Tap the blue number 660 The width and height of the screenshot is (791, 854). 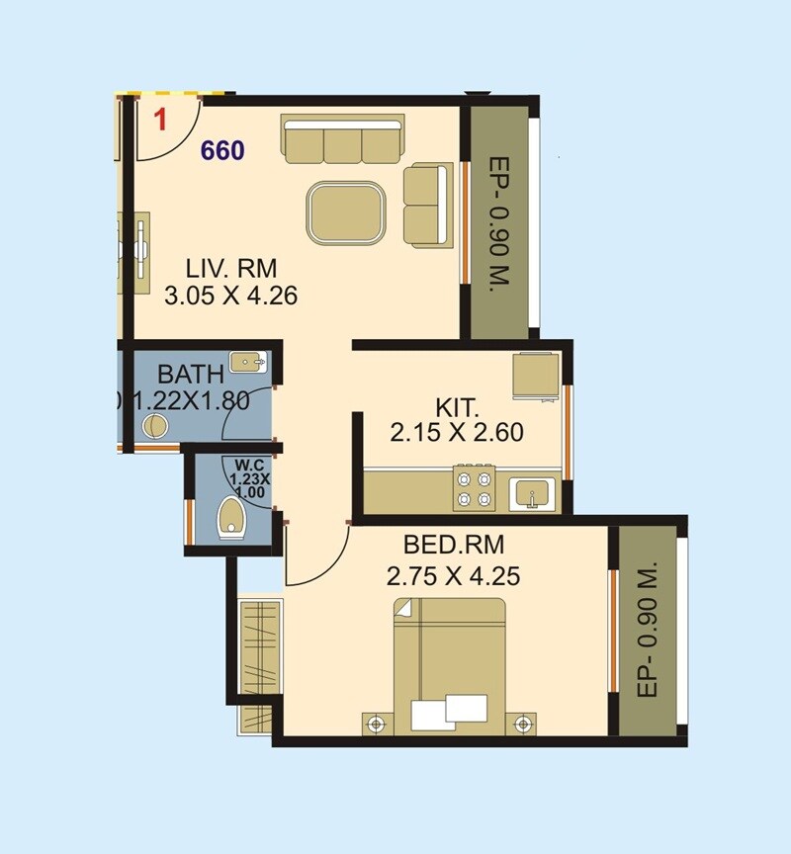pyautogui.click(x=222, y=150)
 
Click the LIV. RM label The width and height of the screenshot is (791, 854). pyautogui.click(x=232, y=267)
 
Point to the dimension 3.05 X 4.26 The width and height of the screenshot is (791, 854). pyautogui.click(x=231, y=294)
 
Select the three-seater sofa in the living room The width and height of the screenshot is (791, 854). pyautogui.click(x=342, y=140)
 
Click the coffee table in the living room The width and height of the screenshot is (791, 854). pyautogui.click(x=346, y=212)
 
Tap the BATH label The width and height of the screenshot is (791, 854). pyautogui.click(x=191, y=376)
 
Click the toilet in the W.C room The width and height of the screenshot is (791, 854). pyautogui.click(x=231, y=517)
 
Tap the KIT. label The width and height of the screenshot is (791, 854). pyautogui.click(x=457, y=407)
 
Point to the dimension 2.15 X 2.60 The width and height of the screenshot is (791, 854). pyautogui.click(x=457, y=432)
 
